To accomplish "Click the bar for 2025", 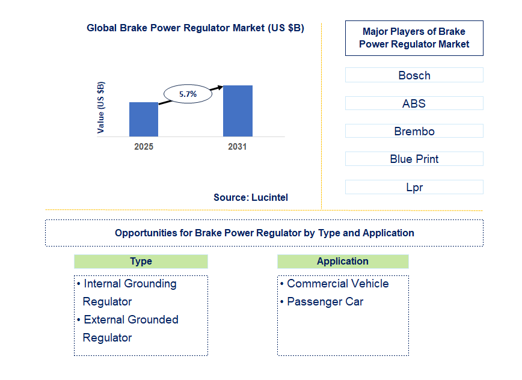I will [x=144, y=119].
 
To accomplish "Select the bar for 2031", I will [x=238, y=111].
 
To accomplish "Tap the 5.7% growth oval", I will [x=188, y=94].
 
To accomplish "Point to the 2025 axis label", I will [x=144, y=147].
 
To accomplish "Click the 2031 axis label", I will [x=237, y=147].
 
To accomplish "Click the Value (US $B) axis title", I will [x=100, y=107].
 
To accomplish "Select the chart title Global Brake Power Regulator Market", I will [x=195, y=28].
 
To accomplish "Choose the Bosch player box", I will [x=414, y=75].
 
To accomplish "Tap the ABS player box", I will [x=414, y=103].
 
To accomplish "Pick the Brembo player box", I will [x=414, y=131].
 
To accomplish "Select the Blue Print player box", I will [x=414, y=159].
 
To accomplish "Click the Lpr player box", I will [x=414, y=187].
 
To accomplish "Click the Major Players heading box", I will [x=414, y=38].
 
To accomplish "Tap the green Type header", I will [x=141, y=262].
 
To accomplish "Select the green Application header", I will [x=342, y=262].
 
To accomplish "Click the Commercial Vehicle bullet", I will [x=337, y=284].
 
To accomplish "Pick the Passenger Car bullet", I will [x=325, y=302].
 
